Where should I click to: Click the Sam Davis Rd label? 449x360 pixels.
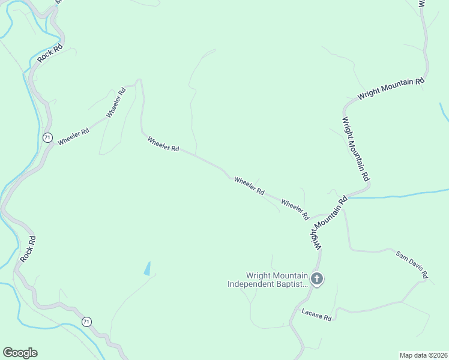coord(411,264)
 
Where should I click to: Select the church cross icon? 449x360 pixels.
coord(317,278)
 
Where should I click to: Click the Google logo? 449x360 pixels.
coord(20,353)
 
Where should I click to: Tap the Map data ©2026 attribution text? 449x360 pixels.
coord(424,355)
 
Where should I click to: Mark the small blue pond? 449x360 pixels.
coord(148,269)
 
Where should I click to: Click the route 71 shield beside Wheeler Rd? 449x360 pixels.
coord(47,137)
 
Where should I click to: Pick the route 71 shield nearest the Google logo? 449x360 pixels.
coord(87,322)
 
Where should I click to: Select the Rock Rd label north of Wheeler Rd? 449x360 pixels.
coord(50,53)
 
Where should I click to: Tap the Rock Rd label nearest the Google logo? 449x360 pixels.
coord(28,249)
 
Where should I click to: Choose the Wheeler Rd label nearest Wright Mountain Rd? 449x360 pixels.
coord(295,209)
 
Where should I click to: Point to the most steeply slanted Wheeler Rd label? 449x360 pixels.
coord(116,103)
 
